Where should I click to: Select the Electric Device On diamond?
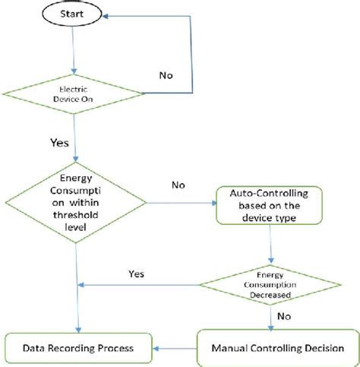(x=74, y=94)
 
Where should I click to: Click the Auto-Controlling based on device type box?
(x=269, y=204)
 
